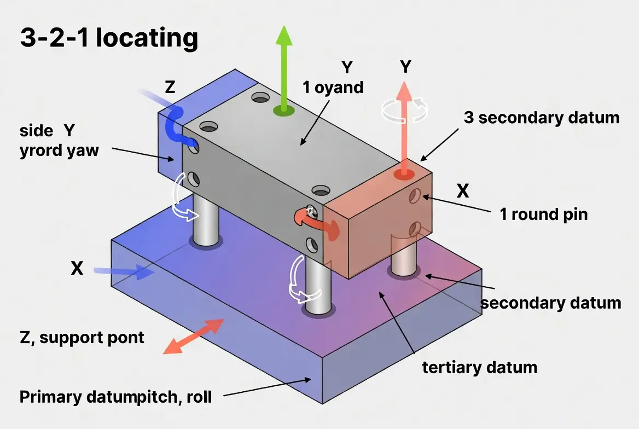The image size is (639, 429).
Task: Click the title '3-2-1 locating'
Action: click(x=109, y=38)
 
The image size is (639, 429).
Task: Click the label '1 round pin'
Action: click(x=543, y=214)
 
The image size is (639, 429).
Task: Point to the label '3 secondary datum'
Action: click(x=541, y=117)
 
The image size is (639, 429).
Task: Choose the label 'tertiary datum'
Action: click(x=479, y=367)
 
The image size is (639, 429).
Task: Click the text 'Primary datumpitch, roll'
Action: click(x=115, y=397)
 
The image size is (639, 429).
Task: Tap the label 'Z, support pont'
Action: click(x=82, y=337)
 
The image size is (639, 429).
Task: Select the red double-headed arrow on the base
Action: click(x=193, y=336)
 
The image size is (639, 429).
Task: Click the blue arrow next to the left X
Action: click(x=124, y=271)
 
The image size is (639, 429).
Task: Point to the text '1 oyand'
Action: click(x=333, y=87)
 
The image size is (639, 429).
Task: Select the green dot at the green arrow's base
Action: click(x=283, y=110)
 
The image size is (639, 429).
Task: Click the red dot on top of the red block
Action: click(x=404, y=173)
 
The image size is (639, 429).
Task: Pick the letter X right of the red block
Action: click(x=463, y=190)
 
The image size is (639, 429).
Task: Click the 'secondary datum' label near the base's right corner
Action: click(x=550, y=303)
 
